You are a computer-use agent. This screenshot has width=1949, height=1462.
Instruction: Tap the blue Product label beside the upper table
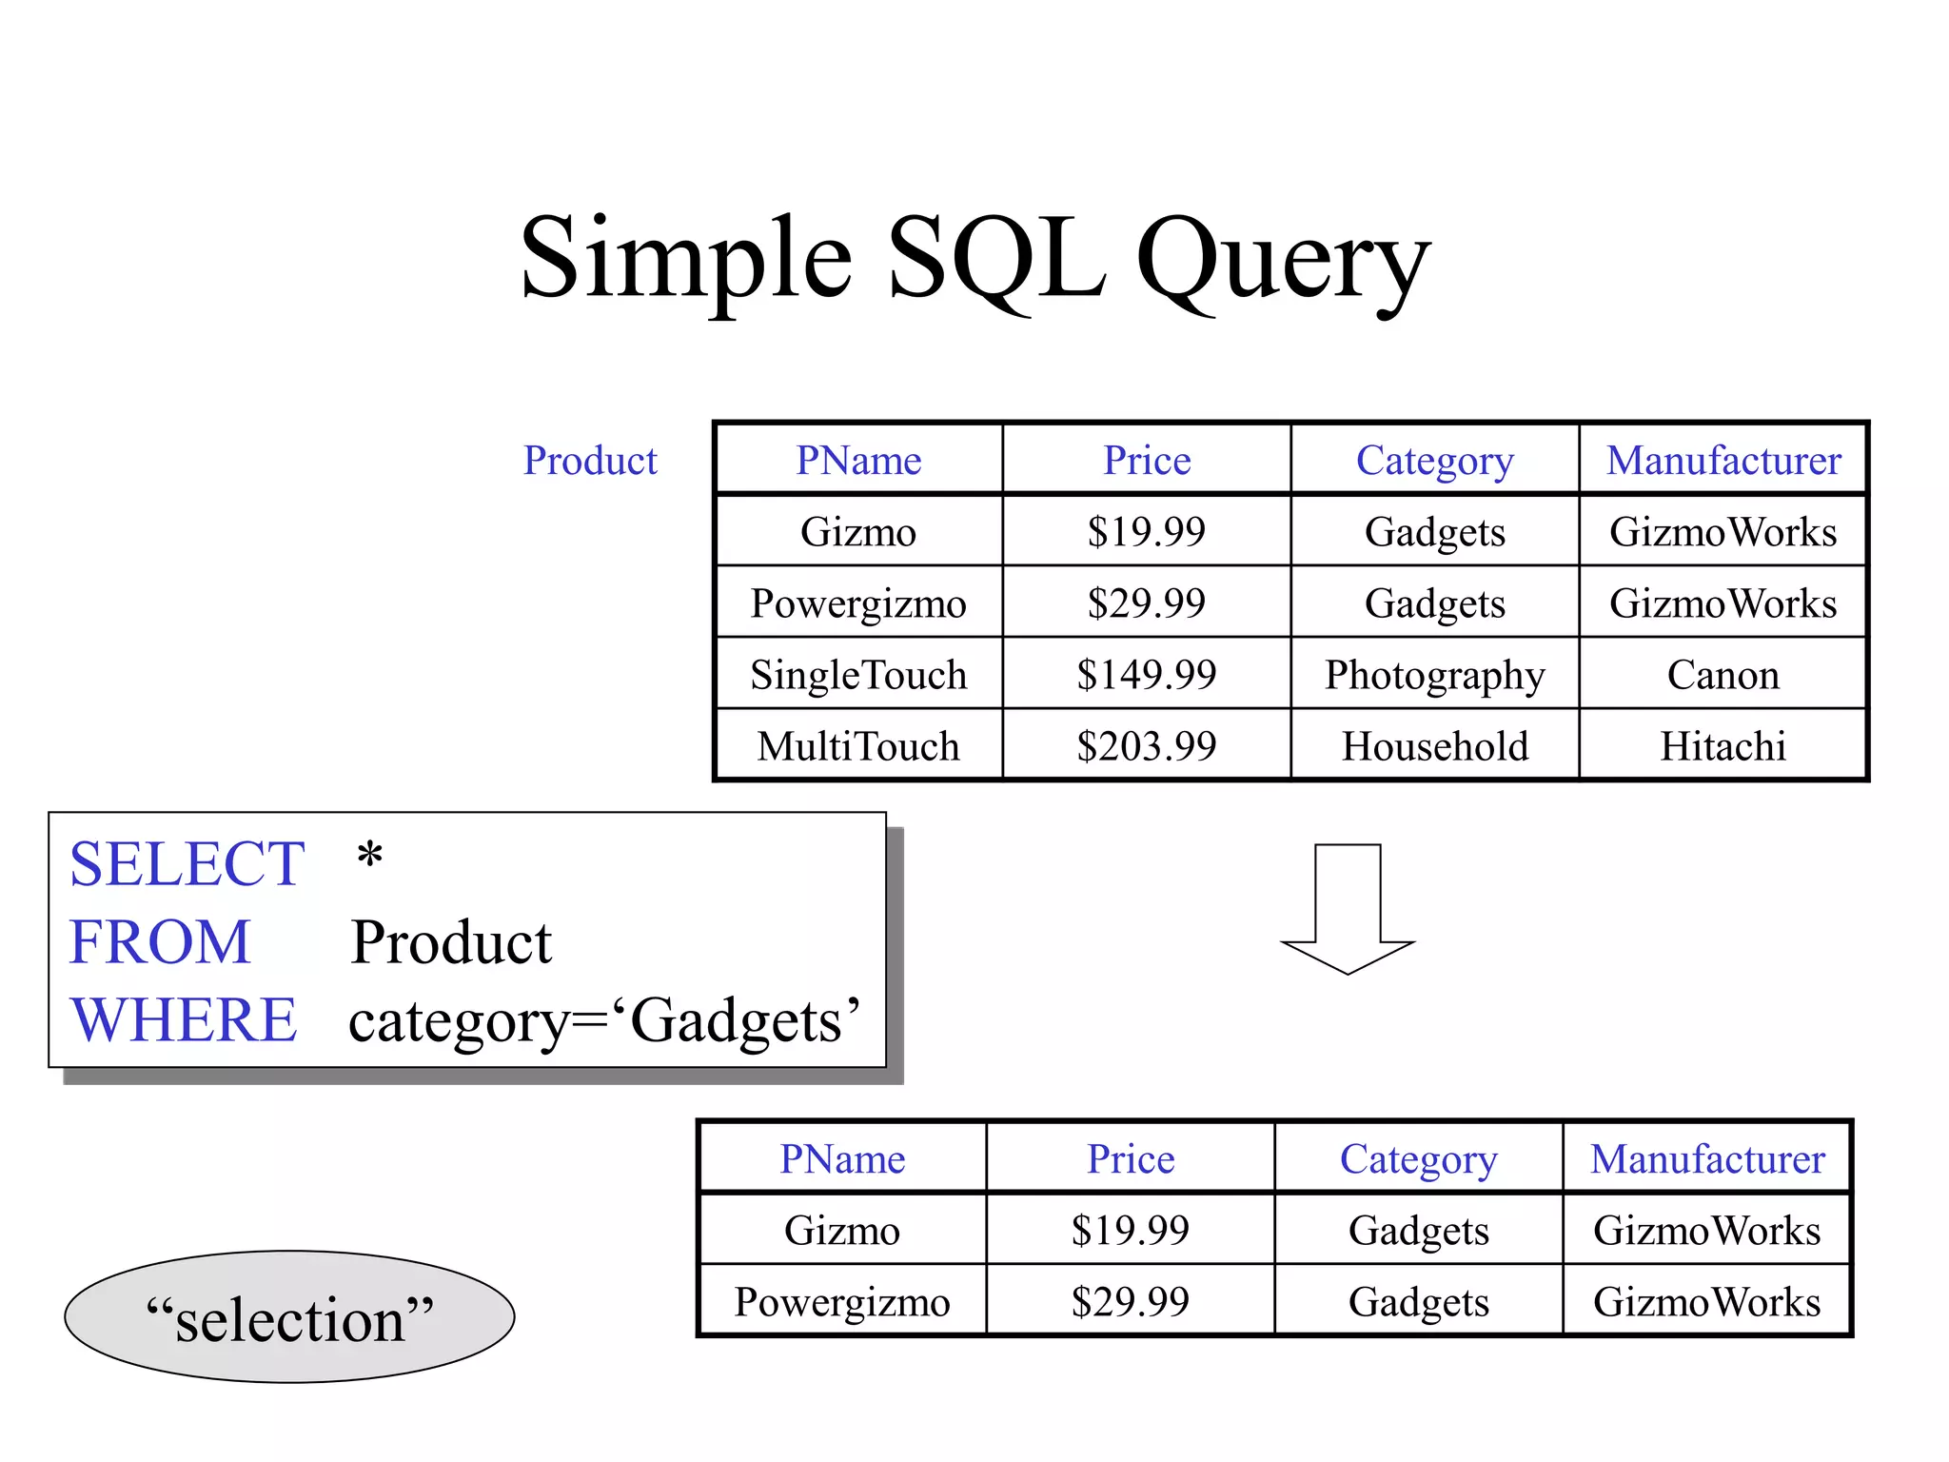tap(590, 461)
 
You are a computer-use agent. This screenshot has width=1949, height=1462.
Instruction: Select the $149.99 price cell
tap(1146, 675)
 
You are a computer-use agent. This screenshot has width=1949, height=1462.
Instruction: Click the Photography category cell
tap(1434, 675)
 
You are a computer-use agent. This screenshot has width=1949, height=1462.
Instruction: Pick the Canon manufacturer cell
tap(1723, 675)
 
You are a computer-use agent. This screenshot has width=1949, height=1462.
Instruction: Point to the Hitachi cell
tap(1723, 746)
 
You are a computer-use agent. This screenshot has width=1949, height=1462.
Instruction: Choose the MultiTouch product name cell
tap(857, 746)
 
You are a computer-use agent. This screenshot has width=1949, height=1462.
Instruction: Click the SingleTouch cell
tap(857, 675)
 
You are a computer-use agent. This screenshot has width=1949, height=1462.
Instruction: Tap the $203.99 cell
tap(1146, 746)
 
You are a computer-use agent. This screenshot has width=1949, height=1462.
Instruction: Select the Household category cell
tap(1434, 746)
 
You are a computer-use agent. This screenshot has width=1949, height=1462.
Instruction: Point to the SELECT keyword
tap(187, 864)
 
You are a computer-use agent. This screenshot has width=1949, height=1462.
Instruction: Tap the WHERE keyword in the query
tap(184, 1020)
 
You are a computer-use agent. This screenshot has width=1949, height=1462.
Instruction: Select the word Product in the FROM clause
tap(451, 943)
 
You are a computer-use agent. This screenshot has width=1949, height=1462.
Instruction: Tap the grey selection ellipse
tap(289, 1317)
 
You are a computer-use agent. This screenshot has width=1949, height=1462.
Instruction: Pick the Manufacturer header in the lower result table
tap(1707, 1159)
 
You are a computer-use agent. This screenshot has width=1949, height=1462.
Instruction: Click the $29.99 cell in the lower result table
tap(1130, 1301)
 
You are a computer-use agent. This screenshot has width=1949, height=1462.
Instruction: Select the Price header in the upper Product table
tap(1146, 461)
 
